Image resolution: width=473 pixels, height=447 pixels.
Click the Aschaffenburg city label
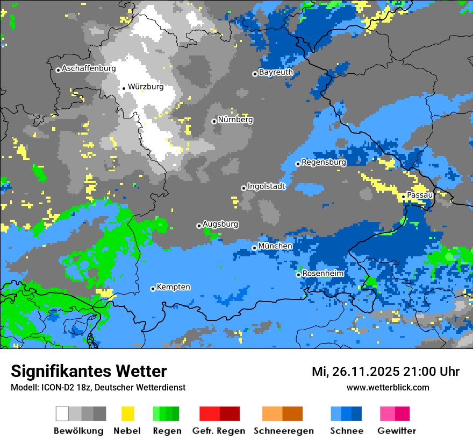[89, 69]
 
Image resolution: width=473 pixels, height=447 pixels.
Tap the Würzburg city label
[146, 87]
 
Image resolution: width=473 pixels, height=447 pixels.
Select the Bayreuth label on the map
[276, 72]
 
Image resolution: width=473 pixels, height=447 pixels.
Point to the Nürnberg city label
[235, 120]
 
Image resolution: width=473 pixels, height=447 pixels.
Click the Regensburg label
[324, 162]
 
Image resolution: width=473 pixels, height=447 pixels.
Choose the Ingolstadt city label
[267, 186]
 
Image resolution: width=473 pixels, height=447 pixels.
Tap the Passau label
[420, 195]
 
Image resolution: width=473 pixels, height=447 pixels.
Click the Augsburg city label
[220, 224]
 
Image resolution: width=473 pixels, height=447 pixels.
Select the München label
[275, 246]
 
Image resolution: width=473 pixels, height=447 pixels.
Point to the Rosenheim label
[323, 274]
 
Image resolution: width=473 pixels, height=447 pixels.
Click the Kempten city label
[173, 287]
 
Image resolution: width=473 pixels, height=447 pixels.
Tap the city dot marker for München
[255, 248]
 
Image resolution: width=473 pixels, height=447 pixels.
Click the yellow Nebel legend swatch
[127, 414]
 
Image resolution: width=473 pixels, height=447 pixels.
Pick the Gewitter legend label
[397, 431]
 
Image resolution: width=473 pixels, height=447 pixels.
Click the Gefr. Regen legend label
[219, 431]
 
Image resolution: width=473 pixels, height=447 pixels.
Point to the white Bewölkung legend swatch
[62, 414]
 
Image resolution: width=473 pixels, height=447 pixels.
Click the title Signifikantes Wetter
[89, 372]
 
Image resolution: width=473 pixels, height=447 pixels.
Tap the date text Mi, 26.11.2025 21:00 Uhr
[385, 372]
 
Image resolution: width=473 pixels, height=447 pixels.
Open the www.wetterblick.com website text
[388, 387]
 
